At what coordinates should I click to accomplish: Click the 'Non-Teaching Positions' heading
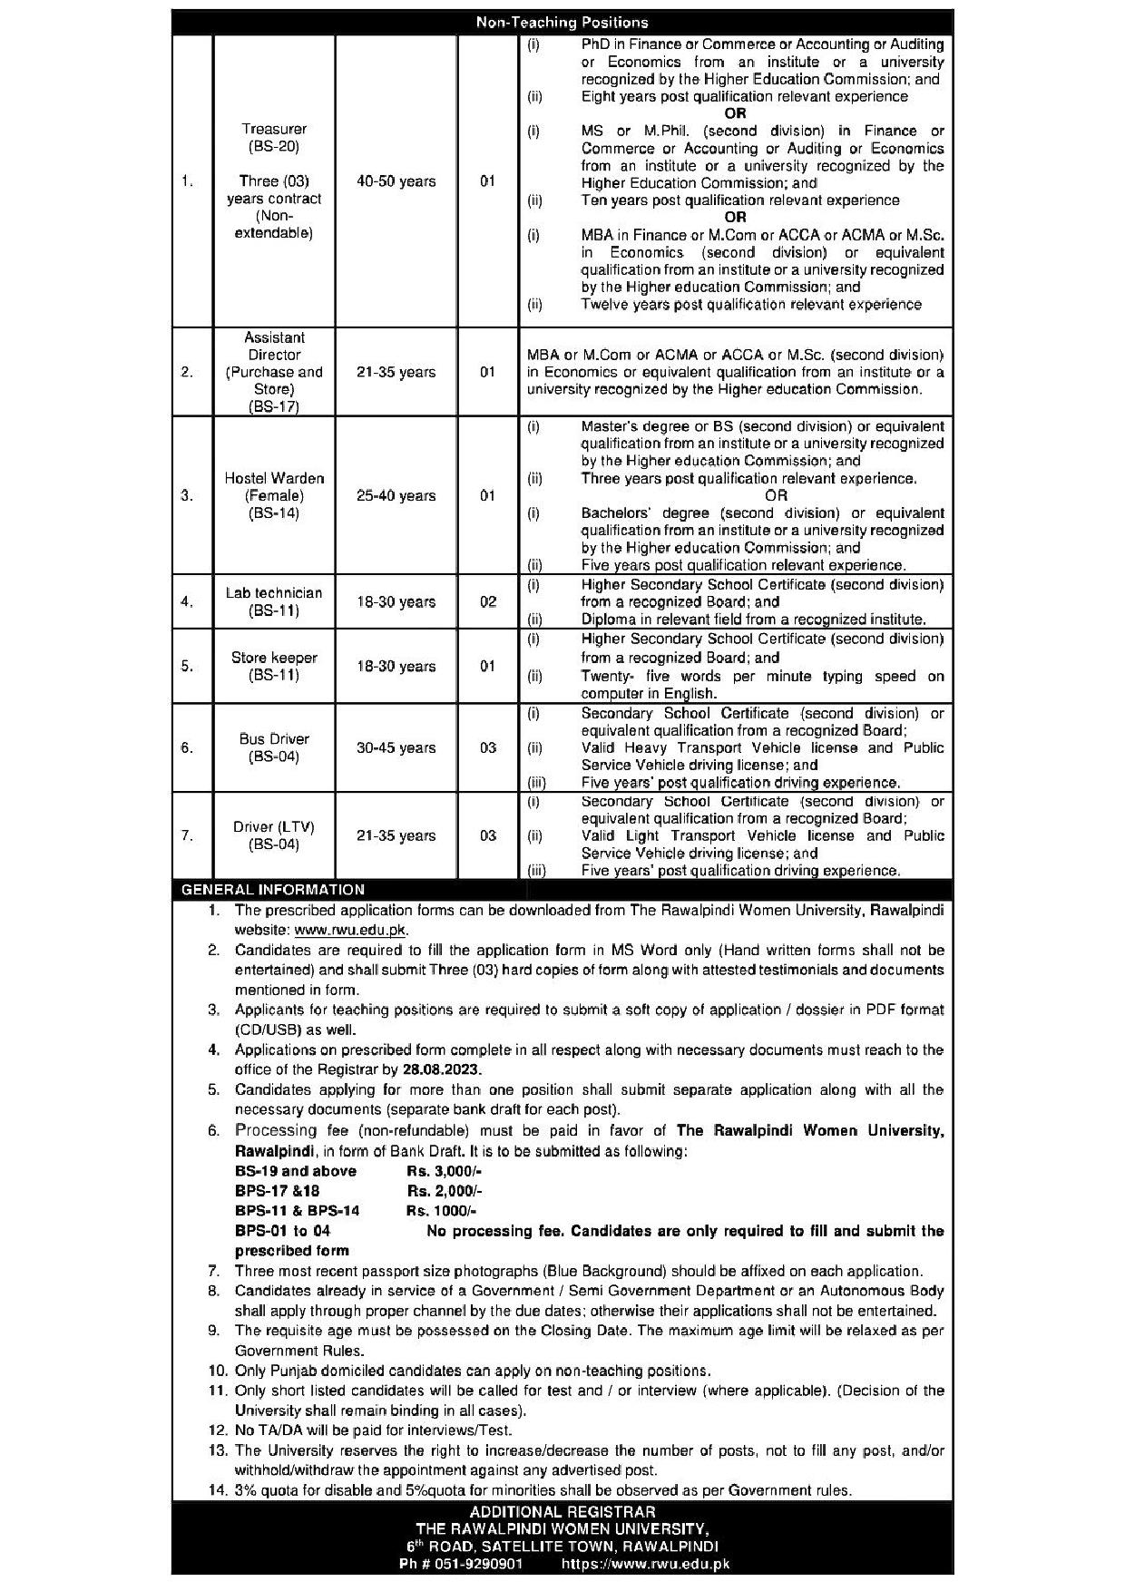point(562,22)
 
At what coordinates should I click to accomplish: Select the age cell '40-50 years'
point(396,181)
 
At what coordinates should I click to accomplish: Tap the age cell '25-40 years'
point(396,495)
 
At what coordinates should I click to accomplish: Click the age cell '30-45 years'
point(396,747)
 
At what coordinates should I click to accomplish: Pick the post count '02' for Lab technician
point(487,601)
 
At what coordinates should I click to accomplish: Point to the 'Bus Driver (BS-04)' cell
point(274,747)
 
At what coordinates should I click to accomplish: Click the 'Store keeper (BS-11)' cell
point(274,666)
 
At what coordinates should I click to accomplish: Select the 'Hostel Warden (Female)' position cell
point(274,495)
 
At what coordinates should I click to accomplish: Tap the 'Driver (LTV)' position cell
point(274,835)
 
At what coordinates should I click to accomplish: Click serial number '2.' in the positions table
point(187,372)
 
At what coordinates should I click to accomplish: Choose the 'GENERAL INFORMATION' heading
point(273,890)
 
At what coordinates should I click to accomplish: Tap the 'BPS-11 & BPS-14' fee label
point(297,1211)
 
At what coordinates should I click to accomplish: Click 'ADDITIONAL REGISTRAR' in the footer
point(562,1512)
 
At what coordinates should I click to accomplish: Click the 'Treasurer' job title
point(274,130)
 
